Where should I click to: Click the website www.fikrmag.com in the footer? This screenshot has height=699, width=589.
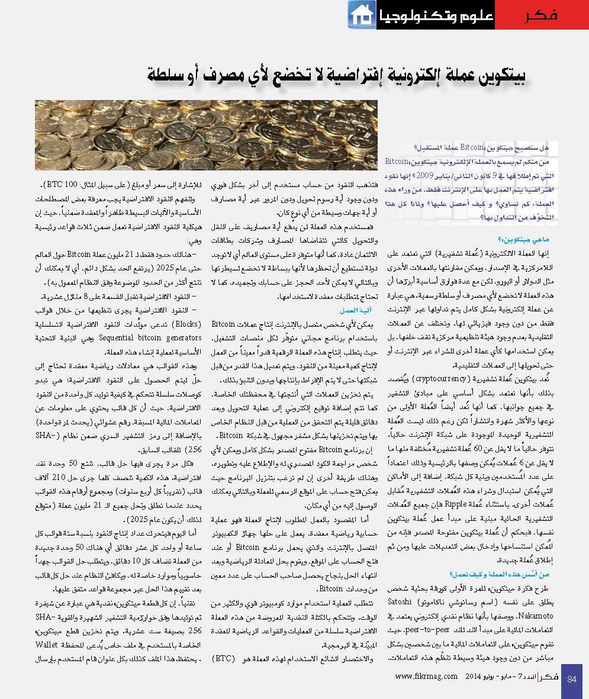point(426,677)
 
